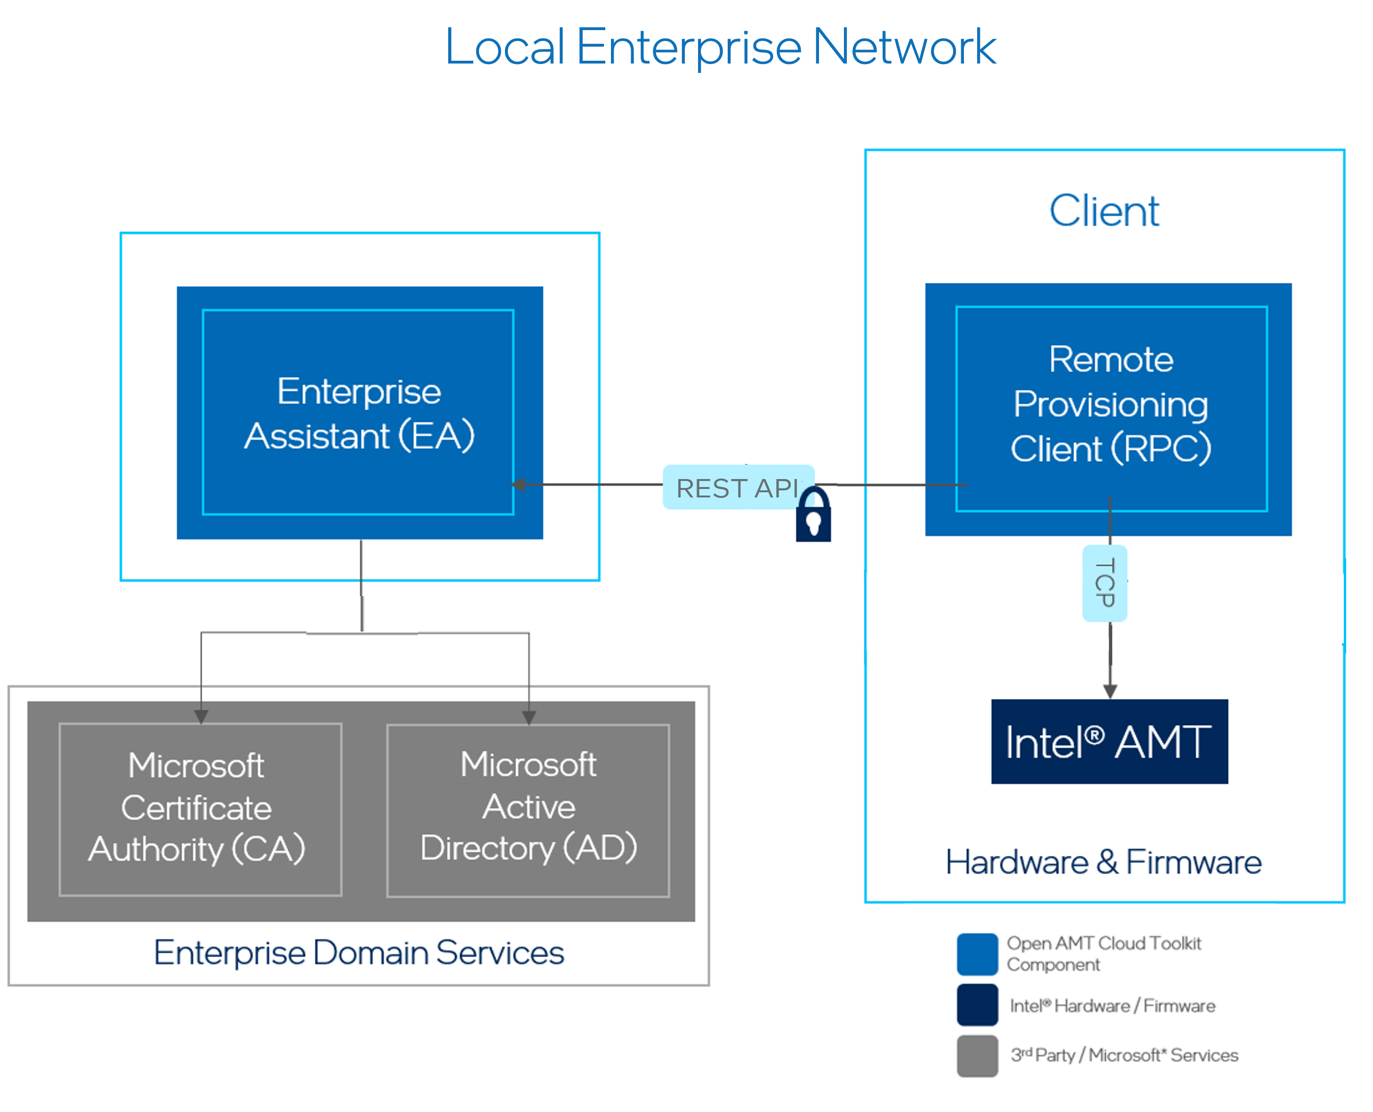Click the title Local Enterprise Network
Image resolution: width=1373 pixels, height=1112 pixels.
(720, 48)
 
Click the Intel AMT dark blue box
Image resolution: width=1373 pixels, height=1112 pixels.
(1109, 742)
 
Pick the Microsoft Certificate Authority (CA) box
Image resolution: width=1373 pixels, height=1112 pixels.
(200, 809)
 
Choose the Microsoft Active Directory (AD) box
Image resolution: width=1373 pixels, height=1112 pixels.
(528, 809)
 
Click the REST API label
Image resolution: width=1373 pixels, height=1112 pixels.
(737, 488)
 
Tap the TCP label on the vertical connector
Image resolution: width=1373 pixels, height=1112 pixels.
(1105, 583)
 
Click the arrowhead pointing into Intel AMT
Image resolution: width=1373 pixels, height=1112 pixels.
(1110, 691)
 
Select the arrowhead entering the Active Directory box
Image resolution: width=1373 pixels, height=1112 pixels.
(529, 718)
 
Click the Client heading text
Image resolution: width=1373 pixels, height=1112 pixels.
(1104, 211)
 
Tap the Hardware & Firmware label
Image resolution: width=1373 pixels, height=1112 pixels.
(1103, 862)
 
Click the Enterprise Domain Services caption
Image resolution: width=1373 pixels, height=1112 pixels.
(359, 952)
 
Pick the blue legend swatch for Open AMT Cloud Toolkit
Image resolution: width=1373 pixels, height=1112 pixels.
(977, 954)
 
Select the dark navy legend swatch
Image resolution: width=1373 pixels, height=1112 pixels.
(977, 1005)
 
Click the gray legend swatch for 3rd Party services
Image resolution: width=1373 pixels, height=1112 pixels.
(977, 1056)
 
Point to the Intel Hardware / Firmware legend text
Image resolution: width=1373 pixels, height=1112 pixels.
(1112, 1006)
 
